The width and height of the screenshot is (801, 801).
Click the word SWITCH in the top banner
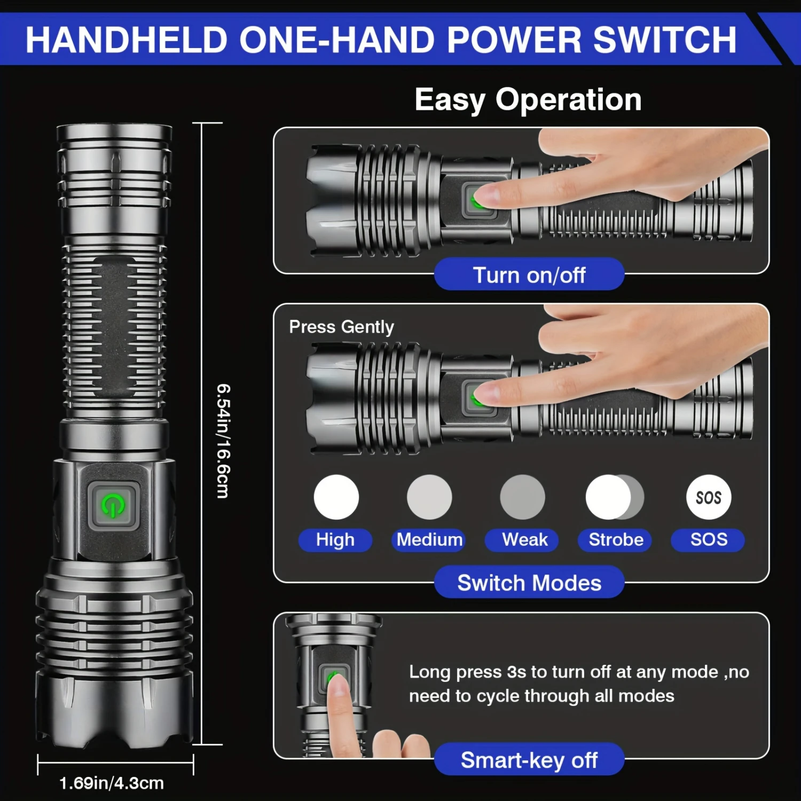click(664, 40)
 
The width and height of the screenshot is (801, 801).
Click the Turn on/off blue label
click(529, 275)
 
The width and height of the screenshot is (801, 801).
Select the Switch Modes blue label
click(529, 583)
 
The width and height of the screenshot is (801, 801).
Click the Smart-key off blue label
click(529, 759)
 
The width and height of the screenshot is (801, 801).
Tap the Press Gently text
click(341, 326)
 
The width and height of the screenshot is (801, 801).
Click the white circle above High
click(336, 497)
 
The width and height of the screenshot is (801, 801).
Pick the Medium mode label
click(429, 539)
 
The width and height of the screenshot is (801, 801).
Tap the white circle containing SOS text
click(709, 497)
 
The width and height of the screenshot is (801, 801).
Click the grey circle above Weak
click(522, 497)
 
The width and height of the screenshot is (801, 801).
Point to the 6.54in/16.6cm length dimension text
click(223, 441)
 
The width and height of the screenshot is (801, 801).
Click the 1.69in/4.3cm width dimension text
click(111, 783)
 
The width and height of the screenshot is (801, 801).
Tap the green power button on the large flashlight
click(113, 505)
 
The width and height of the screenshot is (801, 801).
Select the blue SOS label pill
click(708, 539)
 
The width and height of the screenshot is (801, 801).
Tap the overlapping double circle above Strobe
click(614, 497)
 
